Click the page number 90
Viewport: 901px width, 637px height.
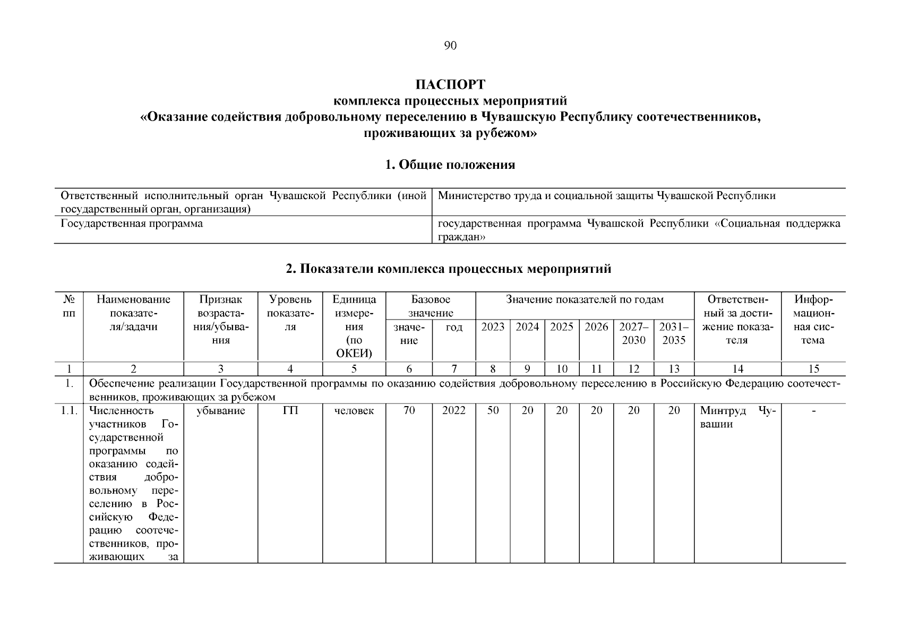click(450, 46)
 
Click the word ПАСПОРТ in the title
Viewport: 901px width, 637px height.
click(450, 85)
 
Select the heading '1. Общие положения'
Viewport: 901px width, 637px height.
click(450, 165)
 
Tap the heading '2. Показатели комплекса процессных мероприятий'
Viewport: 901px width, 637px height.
click(449, 269)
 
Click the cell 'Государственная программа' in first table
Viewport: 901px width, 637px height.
click(132, 223)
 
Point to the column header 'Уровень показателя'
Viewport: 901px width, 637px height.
click(290, 313)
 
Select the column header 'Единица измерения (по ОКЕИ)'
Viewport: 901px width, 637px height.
click(354, 326)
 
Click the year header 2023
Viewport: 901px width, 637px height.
click(493, 327)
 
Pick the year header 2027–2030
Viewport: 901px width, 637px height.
click(633, 333)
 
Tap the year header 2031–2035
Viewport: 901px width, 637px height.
click(674, 333)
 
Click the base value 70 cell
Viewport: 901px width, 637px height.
click(409, 411)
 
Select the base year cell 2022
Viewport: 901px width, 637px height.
click(454, 411)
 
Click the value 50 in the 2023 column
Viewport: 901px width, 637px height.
click(493, 411)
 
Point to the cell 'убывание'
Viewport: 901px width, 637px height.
click(220, 411)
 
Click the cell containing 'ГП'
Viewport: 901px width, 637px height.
click(290, 411)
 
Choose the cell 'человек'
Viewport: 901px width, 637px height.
click(354, 411)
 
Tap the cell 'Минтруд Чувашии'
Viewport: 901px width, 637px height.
click(737, 417)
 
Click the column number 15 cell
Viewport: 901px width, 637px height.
click(813, 369)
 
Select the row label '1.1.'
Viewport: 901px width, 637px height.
click(68, 411)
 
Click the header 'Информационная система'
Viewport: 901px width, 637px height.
click(813, 320)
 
